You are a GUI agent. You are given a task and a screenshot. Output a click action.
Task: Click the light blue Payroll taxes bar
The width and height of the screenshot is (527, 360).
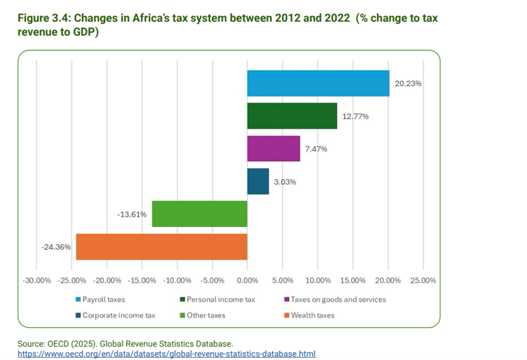[318, 83]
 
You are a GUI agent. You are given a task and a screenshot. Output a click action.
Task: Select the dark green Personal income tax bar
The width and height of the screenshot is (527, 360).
[292, 116]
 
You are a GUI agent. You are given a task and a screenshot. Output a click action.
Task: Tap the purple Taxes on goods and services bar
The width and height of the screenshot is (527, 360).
[273, 148]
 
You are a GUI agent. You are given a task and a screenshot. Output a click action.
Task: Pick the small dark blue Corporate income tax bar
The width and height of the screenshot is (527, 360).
[258, 181]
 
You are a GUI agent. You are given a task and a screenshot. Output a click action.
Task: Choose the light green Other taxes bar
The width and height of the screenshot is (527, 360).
[200, 214]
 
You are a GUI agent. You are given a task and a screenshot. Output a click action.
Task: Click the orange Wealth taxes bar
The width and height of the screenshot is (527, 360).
[162, 247]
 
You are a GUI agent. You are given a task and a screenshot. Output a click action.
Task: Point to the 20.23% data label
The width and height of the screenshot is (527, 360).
[409, 83]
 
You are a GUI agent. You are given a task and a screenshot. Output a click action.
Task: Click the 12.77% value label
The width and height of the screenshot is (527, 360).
[356, 116]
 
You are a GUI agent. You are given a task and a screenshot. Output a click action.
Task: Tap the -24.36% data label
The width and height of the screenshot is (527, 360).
[56, 247]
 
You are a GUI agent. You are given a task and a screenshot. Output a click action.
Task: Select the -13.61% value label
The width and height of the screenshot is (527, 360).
[132, 214]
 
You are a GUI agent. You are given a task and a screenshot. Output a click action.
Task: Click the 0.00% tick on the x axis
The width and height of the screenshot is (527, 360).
[247, 280]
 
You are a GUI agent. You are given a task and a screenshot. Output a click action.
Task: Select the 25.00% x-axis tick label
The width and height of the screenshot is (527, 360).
[423, 280]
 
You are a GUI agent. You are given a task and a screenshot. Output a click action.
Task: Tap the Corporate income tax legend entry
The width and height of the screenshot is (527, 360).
[114, 315]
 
